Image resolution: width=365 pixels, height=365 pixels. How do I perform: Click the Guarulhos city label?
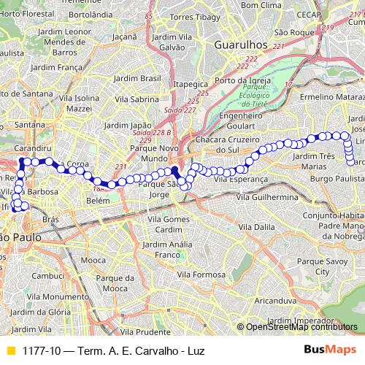(x=240, y=45)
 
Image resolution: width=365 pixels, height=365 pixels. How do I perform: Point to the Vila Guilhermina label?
(x=266, y=197)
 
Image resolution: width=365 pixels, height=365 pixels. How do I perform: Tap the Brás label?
(x=50, y=218)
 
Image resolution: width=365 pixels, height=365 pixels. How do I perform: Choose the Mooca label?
(x=93, y=260)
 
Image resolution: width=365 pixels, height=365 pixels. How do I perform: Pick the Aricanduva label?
(x=276, y=300)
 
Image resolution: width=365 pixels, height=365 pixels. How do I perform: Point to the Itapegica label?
(x=191, y=83)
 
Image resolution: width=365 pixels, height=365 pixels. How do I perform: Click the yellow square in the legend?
(x=10, y=350)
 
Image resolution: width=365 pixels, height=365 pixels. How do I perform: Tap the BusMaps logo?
(x=329, y=350)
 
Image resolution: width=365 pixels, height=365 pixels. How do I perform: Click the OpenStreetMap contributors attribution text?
(x=301, y=326)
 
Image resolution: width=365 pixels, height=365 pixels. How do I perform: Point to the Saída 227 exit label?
(x=180, y=109)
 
